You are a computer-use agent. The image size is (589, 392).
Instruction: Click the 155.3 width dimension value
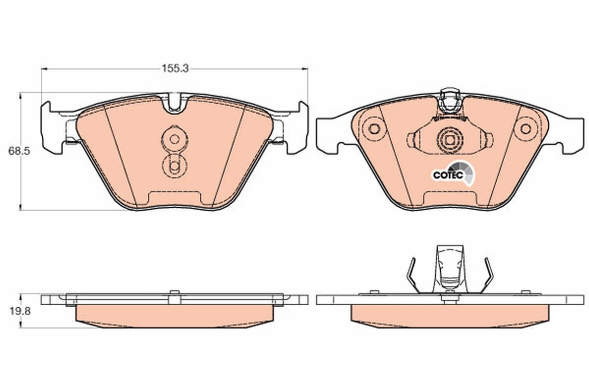175,69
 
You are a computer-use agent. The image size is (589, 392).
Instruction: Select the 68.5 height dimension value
19,151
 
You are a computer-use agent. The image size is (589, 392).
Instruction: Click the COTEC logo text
447,174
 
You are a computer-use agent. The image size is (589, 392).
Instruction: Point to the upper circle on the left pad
174,139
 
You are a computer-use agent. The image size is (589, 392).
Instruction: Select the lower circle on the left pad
174,167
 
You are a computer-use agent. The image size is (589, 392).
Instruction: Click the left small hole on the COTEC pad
374,129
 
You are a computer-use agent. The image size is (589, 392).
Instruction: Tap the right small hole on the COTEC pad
526,129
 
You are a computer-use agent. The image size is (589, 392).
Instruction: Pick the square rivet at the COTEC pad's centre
450,139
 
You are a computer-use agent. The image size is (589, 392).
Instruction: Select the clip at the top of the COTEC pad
450,103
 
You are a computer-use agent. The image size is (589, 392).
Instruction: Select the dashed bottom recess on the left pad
175,196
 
